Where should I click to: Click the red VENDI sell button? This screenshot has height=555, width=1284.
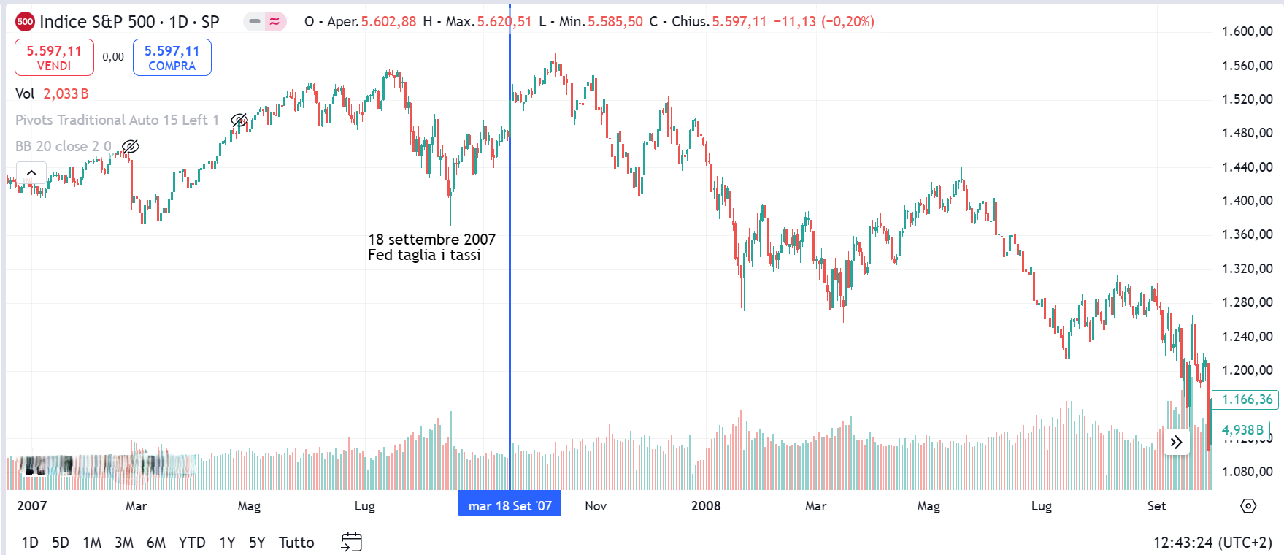(54, 58)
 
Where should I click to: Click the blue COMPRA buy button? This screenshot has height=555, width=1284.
(172, 58)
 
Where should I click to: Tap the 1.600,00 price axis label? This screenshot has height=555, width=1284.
(1247, 31)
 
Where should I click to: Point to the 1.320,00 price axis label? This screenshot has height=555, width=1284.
(1247, 269)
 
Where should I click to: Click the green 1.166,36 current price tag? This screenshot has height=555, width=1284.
(1246, 399)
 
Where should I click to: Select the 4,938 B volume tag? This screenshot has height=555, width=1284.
(1242, 430)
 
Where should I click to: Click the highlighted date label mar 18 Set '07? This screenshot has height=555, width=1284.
(510, 505)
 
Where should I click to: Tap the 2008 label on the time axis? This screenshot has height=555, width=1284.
(706, 505)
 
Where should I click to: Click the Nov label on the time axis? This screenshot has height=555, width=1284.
(596, 505)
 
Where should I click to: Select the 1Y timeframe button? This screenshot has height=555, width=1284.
(227, 543)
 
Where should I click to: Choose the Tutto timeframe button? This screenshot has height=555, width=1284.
(296, 543)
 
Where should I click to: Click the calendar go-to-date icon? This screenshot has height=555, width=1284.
(352, 542)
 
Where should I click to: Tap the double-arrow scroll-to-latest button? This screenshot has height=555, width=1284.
(1176, 442)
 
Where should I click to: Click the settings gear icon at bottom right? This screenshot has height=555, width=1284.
(1248, 505)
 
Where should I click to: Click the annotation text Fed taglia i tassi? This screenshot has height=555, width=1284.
(424, 255)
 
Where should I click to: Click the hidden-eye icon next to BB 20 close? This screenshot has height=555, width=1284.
(131, 147)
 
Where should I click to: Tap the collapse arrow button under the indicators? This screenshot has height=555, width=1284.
(31, 173)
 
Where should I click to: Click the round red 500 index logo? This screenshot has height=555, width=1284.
(25, 21)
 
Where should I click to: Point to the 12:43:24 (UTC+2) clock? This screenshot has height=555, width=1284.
(1212, 543)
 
